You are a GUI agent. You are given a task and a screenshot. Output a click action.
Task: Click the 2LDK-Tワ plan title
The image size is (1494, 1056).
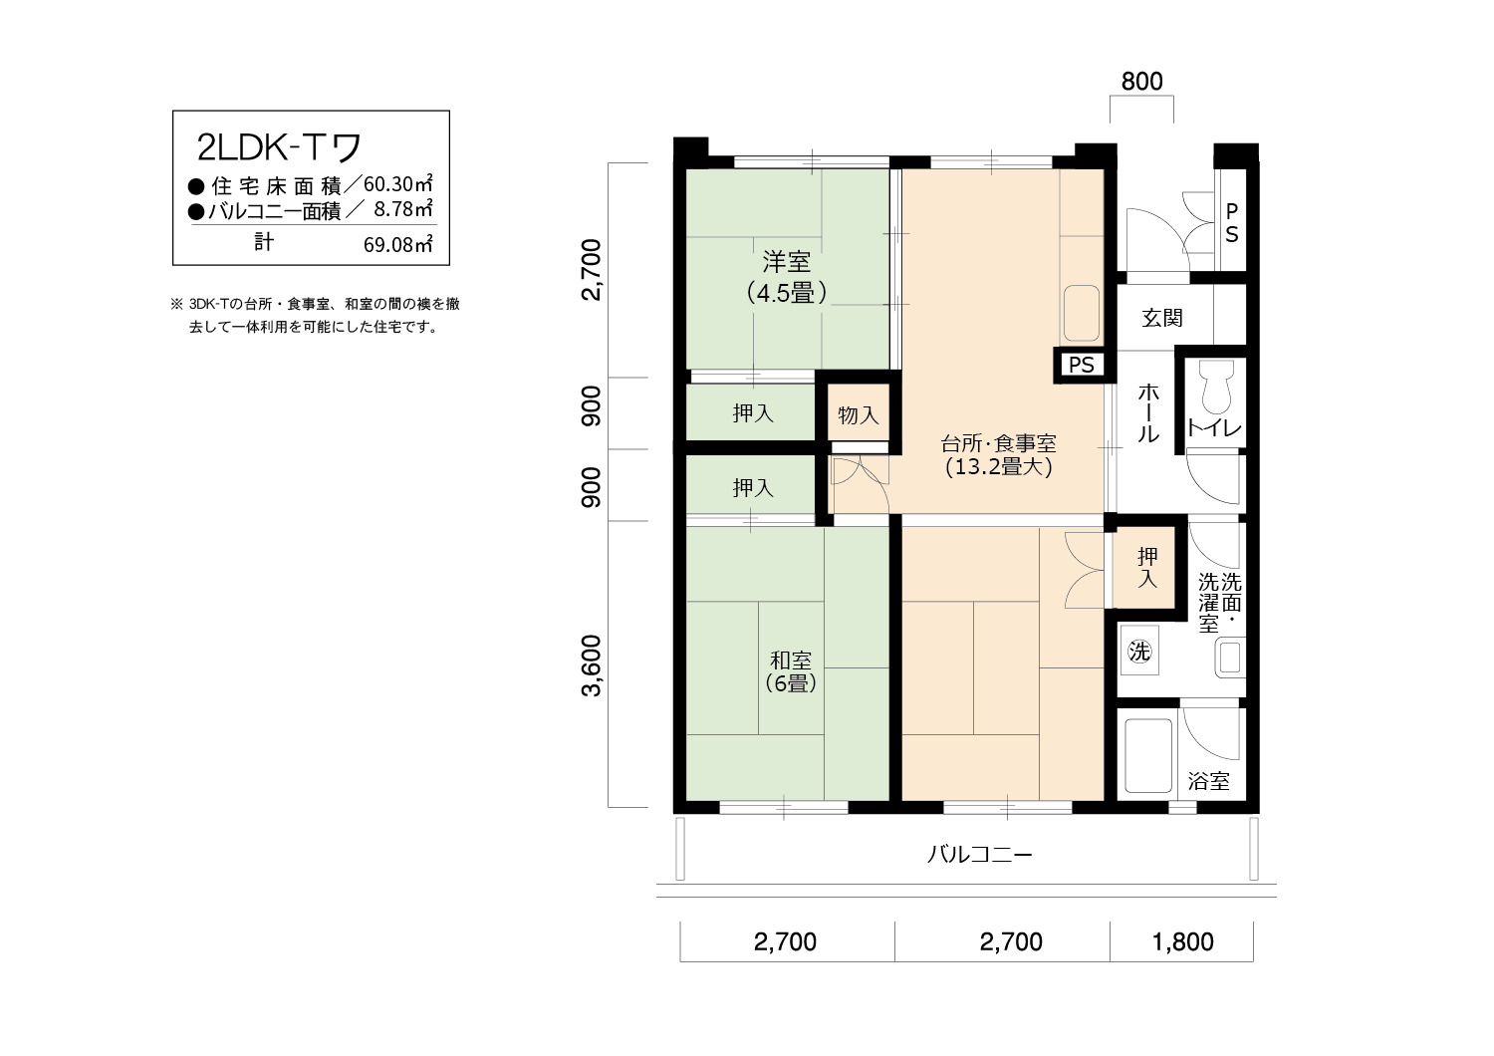click(x=279, y=147)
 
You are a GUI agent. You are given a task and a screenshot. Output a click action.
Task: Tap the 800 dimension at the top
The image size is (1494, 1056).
click(x=1141, y=82)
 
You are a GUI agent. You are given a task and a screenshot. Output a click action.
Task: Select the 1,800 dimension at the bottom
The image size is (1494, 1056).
click(x=1182, y=941)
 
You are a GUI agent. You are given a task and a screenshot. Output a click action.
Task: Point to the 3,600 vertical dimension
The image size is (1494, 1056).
click(x=592, y=665)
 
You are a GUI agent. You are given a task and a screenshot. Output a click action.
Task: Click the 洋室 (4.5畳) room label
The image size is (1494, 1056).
click(x=787, y=278)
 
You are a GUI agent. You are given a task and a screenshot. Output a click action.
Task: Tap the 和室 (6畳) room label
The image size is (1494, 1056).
click(x=791, y=671)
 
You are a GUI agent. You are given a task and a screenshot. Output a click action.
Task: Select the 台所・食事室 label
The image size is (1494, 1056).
click(x=998, y=443)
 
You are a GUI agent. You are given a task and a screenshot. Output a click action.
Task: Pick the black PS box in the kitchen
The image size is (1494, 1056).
click(x=1081, y=365)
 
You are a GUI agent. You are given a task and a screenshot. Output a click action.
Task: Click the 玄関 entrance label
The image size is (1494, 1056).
click(x=1162, y=318)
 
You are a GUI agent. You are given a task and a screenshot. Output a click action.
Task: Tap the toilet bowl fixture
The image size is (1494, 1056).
click(x=1217, y=387)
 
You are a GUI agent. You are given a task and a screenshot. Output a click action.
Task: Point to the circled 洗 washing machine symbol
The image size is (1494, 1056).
click(x=1139, y=651)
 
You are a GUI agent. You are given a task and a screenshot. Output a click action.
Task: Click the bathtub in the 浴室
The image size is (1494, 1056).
click(x=1148, y=755)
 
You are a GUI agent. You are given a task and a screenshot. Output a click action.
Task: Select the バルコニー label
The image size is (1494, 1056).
click(x=980, y=855)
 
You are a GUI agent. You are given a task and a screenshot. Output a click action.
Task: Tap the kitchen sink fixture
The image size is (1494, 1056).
click(x=1081, y=314)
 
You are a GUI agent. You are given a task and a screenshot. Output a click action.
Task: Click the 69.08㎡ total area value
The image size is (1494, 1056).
click(x=398, y=244)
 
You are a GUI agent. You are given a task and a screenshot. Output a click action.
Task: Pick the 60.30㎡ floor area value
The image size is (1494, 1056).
click(x=398, y=183)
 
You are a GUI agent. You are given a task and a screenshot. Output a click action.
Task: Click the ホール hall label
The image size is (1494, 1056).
click(x=1147, y=413)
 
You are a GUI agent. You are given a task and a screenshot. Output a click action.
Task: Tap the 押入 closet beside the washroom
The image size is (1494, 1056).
click(x=1147, y=568)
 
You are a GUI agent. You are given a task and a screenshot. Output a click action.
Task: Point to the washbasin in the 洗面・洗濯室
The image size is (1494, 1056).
click(x=1230, y=659)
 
